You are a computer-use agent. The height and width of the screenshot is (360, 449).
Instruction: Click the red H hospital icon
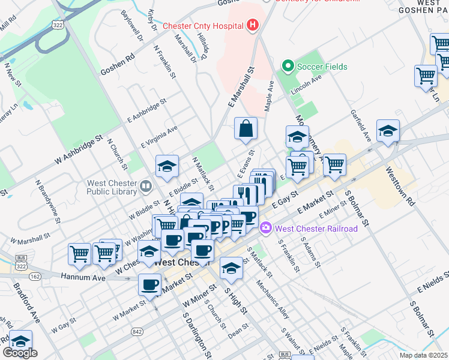pyautogui.click(x=253, y=25)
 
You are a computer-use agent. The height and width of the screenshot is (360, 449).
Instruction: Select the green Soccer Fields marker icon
pyautogui.click(x=288, y=67)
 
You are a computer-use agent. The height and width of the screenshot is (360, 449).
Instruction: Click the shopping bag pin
pyautogui.click(x=246, y=128)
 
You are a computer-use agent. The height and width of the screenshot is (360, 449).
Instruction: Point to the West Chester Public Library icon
pyautogui.click(x=145, y=187)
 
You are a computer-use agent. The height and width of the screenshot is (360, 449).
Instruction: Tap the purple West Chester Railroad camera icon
pyautogui.click(x=266, y=229)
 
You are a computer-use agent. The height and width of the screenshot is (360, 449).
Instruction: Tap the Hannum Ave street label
pyautogui.click(x=83, y=278)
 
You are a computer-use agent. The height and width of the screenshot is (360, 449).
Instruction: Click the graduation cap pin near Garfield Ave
pyautogui.click(x=388, y=132)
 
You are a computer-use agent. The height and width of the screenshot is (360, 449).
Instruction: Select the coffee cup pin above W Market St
pyautogui.click(x=149, y=285)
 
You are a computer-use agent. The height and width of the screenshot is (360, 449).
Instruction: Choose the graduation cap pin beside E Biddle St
pyautogui.click(x=167, y=167)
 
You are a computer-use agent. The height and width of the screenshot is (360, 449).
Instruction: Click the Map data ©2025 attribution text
pyautogui.click(x=424, y=355)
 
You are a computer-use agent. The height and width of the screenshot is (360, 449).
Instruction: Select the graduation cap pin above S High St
pyautogui.click(x=231, y=268)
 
